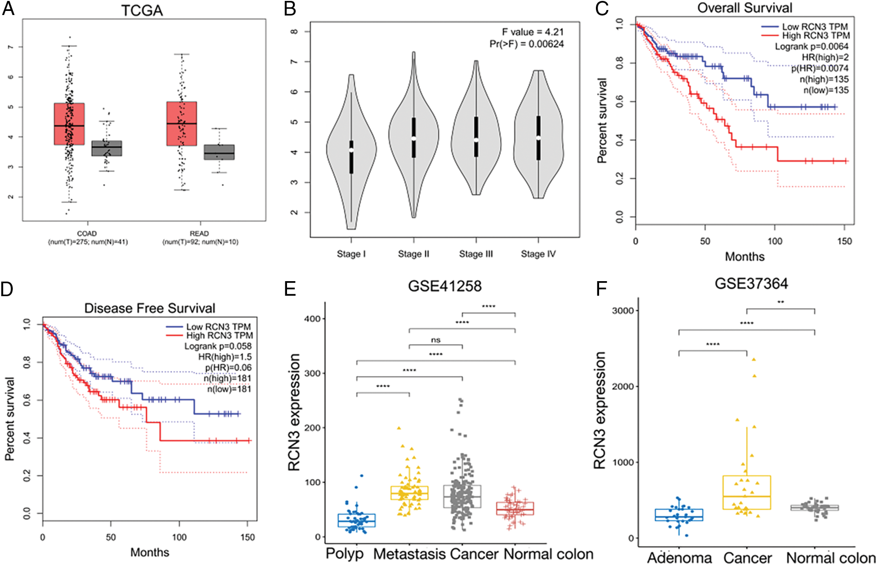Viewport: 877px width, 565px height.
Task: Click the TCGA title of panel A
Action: click(x=142, y=10)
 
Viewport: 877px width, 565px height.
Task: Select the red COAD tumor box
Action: click(x=69, y=124)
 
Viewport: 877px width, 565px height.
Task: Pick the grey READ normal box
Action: click(x=219, y=152)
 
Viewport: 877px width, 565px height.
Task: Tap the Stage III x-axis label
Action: click(x=476, y=254)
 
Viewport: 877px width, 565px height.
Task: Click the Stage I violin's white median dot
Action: click(x=351, y=150)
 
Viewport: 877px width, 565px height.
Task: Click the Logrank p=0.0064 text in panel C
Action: click(x=811, y=46)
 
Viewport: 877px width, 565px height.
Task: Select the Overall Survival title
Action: click(x=744, y=8)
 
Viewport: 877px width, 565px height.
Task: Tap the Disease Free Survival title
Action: click(x=149, y=308)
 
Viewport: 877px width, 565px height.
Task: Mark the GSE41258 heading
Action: click(x=445, y=286)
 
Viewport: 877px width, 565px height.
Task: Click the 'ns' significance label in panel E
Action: click(x=436, y=340)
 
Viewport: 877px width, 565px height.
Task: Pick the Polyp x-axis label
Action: click(x=345, y=554)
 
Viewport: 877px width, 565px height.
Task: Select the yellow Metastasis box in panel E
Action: click(x=409, y=493)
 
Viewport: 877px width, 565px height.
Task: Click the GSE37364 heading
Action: click(x=751, y=284)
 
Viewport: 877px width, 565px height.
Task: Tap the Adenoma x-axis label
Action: click(x=679, y=558)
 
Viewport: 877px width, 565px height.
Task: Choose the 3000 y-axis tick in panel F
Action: click(x=622, y=311)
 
